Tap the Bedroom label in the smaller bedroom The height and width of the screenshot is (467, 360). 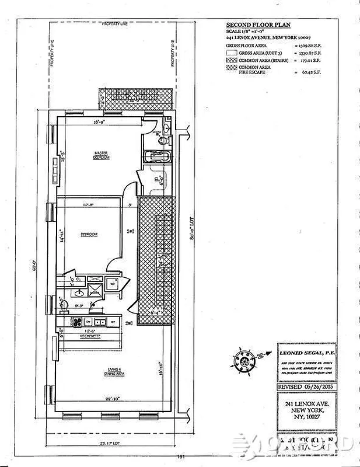(x=89, y=235)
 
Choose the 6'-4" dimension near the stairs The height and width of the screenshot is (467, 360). (x=156, y=312)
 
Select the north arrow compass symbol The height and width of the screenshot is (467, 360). (x=246, y=358)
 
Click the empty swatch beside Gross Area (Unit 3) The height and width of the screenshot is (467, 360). (x=232, y=52)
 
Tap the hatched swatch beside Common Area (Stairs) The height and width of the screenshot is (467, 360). (x=232, y=59)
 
